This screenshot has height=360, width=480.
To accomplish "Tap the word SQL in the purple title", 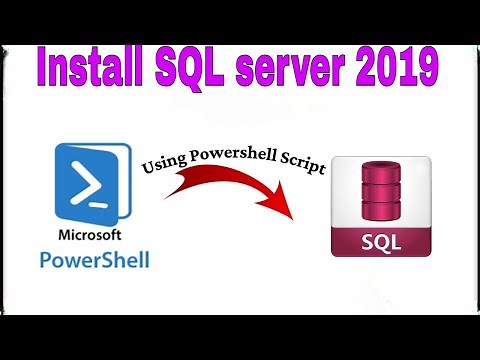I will [x=199, y=69].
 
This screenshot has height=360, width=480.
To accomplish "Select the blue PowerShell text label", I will [x=92, y=260].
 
